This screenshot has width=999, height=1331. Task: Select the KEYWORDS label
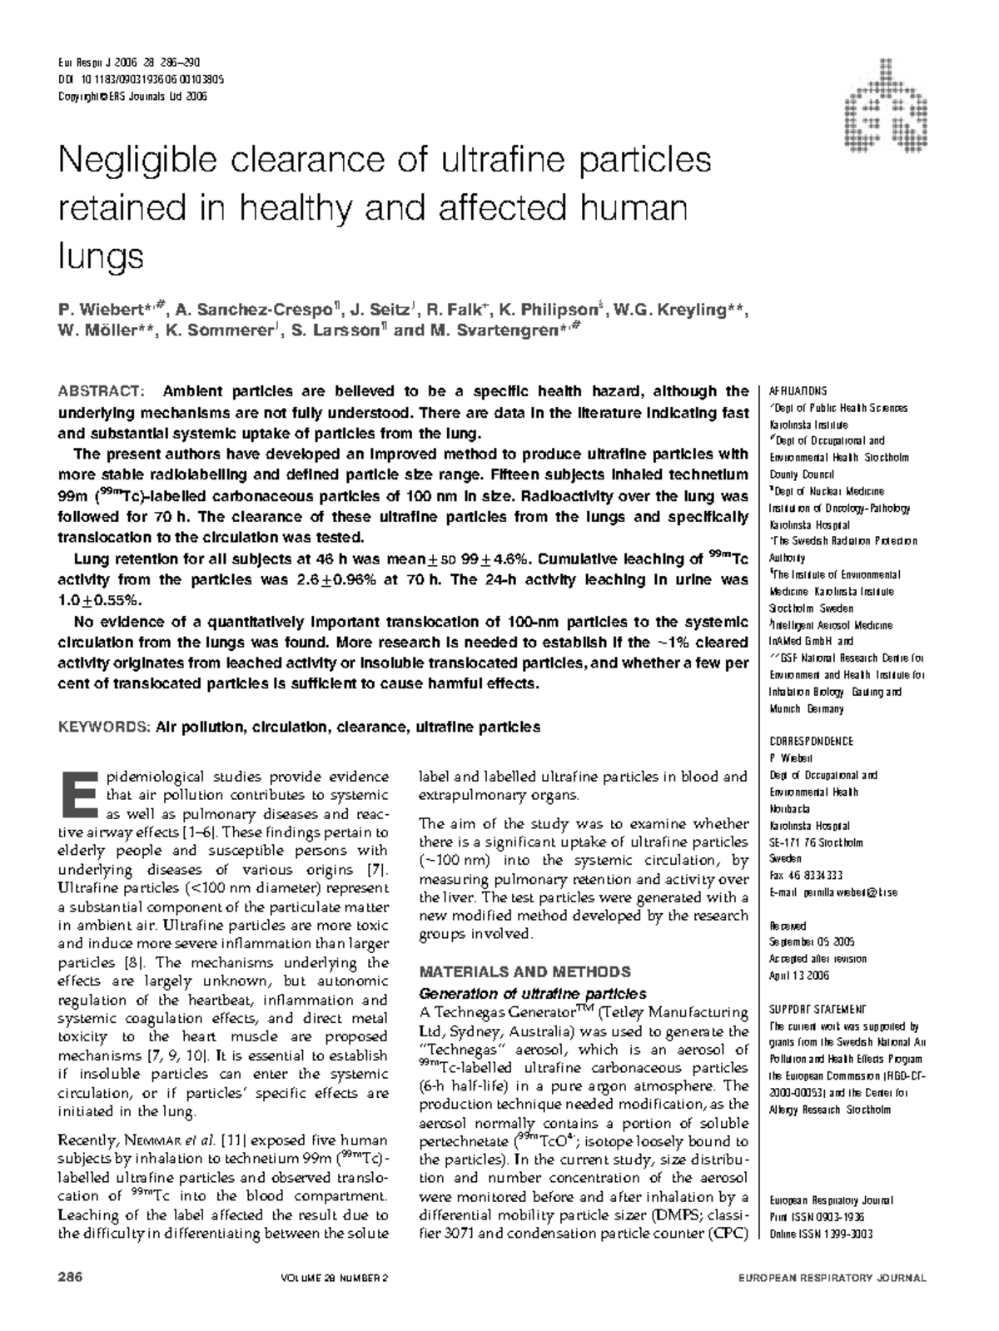click(x=102, y=727)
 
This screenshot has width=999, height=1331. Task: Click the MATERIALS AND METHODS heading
click(x=524, y=971)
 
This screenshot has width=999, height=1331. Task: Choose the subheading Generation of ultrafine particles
click(x=532, y=993)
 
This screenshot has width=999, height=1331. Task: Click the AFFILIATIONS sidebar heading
click(x=798, y=390)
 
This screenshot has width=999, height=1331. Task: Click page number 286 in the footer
click(x=69, y=1278)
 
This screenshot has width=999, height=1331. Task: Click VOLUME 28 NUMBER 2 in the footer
click(x=335, y=1278)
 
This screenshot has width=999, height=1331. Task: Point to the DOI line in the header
click(x=140, y=79)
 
